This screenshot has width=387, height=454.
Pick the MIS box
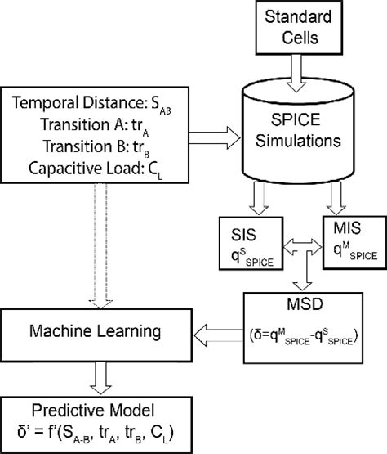[x=351, y=244]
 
